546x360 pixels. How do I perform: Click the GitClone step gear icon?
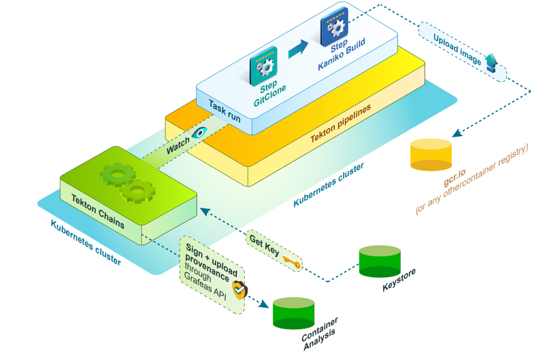pyautogui.click(x=263, y=64)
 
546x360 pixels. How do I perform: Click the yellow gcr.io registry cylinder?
pyautogui.click(x=431, y=155)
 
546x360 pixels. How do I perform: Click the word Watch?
pyautogui.click(x=177, y=146)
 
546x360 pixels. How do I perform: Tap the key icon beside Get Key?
pyautogui.click(x=292, y=262)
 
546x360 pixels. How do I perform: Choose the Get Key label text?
pyautogui.click(x=264, y=246)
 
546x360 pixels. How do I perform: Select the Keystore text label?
pyautogui.click(x=399, y=280)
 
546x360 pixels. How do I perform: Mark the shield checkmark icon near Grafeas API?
pyautogui.click(x=240, y=290)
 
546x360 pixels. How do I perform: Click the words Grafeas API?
pyautogui.click(x=206, y=287)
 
